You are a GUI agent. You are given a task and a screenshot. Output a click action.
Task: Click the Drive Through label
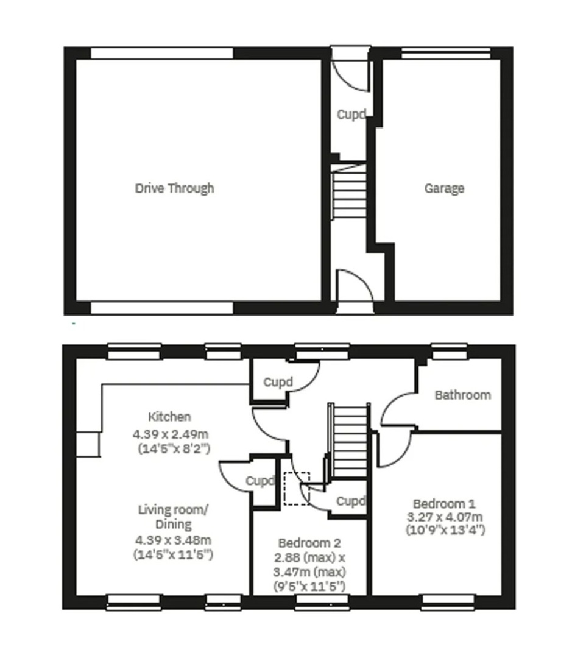tap(175, 188)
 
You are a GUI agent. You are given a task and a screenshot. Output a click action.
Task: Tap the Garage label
tap(445, 188)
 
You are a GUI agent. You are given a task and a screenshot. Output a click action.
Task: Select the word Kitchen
tap(169, 417)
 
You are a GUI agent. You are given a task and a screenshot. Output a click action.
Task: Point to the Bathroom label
tap(463, 395)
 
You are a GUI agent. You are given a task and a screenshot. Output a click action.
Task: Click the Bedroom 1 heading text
tap(445, 504)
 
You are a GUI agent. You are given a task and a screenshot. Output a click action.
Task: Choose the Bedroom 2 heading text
tap(309, 543)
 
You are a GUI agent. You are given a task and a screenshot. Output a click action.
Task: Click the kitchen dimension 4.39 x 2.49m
tap(171, 434)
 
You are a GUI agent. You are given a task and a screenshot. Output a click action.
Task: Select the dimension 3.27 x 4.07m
tap(445, 517)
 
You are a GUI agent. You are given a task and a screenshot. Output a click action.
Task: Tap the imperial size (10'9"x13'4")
tap(445, 531)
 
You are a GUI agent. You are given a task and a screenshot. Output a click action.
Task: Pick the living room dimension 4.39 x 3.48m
tap(173, 540)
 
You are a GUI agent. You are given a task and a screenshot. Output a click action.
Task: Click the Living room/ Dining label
tap(174, 517)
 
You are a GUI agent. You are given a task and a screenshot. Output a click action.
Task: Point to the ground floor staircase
tap(348, 191)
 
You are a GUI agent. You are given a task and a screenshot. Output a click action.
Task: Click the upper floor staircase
tap(348, 440)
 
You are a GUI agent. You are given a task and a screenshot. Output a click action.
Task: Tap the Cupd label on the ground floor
tap(351, 114)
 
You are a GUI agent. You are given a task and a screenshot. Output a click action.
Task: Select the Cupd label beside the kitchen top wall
tap(278, 382)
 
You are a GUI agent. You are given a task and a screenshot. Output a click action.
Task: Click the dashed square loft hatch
tap(297, 489)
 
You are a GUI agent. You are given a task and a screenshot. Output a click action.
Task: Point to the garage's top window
tap(446, 53)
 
